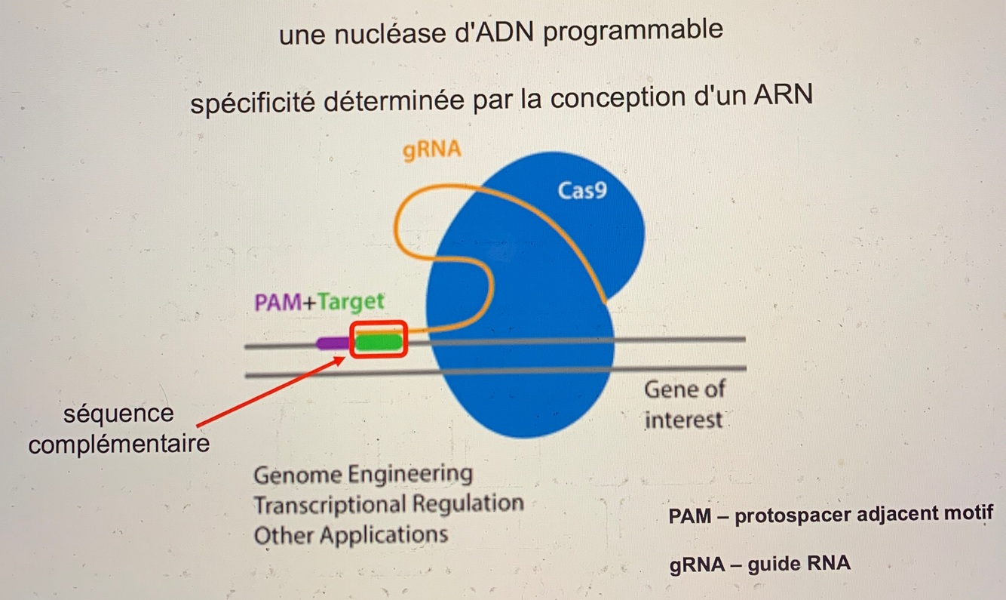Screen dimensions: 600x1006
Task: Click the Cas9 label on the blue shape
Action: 582,189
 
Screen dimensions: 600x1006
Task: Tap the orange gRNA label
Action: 431,150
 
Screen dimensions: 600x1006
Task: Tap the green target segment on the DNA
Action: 379,343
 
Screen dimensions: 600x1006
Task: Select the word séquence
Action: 118,414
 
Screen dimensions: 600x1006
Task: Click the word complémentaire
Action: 118,443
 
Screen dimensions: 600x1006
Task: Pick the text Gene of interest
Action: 684,405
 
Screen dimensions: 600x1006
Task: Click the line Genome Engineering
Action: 363,475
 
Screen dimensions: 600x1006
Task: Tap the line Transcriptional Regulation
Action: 388,504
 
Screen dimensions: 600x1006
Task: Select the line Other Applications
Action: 351,535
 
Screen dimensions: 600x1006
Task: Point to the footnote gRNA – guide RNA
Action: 759,564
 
